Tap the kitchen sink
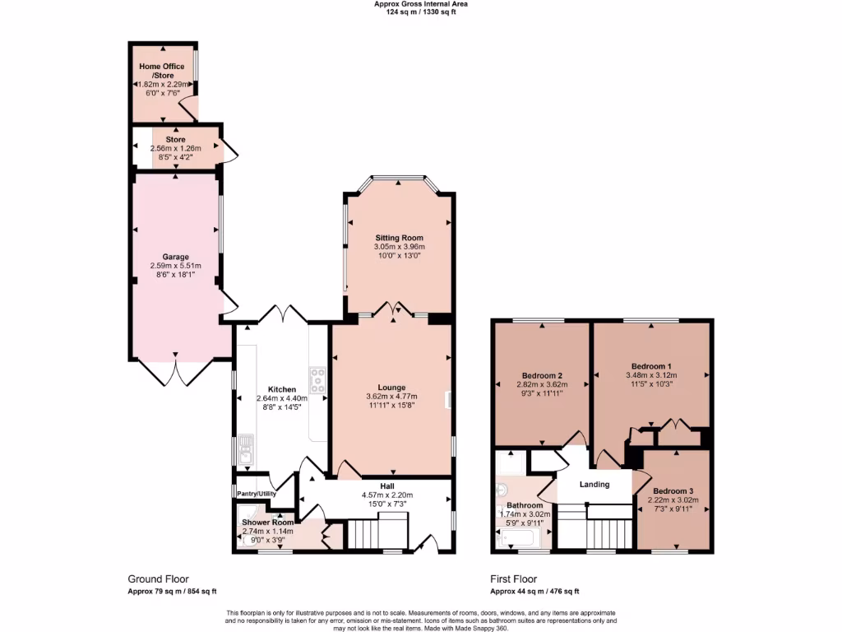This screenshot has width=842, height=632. point(246,449)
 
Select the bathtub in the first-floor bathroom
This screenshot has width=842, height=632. point(520,539)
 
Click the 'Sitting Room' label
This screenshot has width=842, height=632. point(399,237)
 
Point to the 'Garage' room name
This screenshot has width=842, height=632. point(175,257)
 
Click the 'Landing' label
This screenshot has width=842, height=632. point(594,484)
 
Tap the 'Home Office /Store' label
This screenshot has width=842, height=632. point(162,71)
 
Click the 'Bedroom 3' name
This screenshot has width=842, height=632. point(673,490)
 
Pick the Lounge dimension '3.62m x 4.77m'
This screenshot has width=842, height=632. point(391,396)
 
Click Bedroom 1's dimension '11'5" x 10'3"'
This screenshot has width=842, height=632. point(652,384)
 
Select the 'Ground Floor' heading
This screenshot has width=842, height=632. point(158,579)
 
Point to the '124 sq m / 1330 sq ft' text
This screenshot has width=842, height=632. point(421,12)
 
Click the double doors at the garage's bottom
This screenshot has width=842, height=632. point(175,371)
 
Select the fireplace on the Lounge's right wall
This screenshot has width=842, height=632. point(449,400)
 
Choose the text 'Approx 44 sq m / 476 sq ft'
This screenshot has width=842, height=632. point(534,591)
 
